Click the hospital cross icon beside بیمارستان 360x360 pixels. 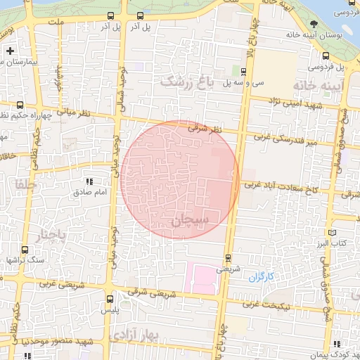(x=10, y=51)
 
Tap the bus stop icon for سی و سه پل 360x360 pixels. (x=243, y=71)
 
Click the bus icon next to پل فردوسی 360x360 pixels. (x=326, y=57)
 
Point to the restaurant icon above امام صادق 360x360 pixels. (x=89, y=172)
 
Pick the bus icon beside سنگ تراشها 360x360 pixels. (x=25, y=249)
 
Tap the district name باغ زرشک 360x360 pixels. (x=186, y=82)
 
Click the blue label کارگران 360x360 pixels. (x=260, y=277)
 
